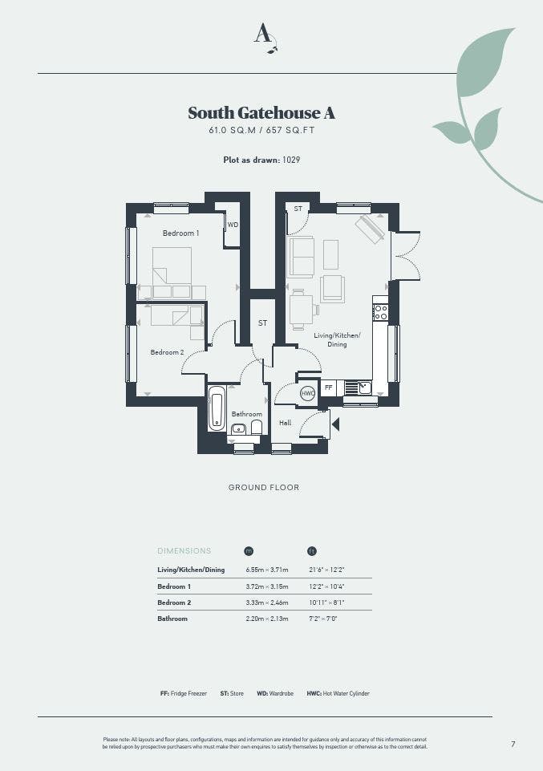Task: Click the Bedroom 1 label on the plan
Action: (180, 233)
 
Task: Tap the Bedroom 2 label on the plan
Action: (167, 352)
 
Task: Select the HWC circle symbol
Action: (308, 393)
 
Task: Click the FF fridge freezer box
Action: (328, 388)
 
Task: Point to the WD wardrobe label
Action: (233, 225)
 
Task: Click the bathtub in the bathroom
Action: (217, 408)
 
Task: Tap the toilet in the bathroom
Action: (256, 427)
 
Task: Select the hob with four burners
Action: (381, 312)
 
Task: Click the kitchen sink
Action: (365, 388)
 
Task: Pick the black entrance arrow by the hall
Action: (335, 424)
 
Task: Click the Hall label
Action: (285, 422)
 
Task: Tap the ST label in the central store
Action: (262, 323)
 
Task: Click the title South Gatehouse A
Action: (261, 112)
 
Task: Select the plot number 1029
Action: (291, 160)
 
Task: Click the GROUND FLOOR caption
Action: (264, 487)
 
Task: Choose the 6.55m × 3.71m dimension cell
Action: (267, 570)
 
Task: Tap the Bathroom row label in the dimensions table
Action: (172, 619)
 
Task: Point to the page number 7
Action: (513, 744)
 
